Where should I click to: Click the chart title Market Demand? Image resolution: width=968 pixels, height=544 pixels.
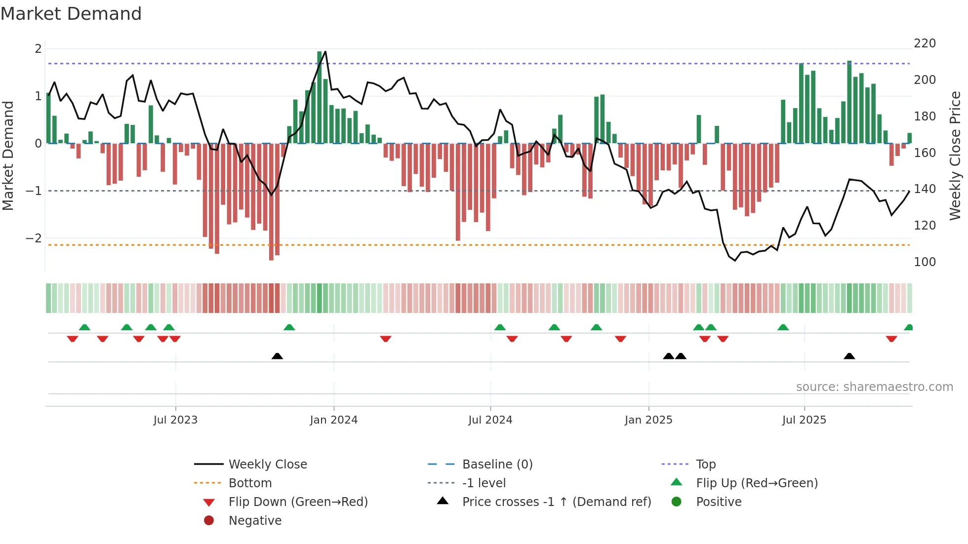pos(71,14)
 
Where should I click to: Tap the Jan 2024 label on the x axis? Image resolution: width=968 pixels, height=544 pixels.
pos(333,420)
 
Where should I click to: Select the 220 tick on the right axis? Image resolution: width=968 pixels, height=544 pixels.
pos(925,43)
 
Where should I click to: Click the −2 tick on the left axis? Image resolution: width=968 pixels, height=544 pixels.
pos(34,238)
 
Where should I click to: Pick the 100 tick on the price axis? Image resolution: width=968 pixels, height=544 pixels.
pos(925,262)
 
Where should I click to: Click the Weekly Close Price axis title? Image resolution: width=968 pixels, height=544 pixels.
pos(955,155)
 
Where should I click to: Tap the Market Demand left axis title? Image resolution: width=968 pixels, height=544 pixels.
pos(8,155)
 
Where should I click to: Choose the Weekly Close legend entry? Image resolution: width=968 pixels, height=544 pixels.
pos(267,465)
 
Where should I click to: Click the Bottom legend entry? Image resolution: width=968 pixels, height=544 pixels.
pos(250,483)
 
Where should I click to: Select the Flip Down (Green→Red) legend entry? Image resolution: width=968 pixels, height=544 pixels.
pos(298,502)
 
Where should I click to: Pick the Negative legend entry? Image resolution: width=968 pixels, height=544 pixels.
pos(255,521)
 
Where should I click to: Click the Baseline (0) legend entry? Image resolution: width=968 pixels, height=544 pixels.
pos(497,465)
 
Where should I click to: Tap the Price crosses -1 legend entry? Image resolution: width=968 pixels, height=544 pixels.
pos(556,502)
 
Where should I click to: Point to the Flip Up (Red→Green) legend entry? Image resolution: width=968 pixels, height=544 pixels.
pos(757,483)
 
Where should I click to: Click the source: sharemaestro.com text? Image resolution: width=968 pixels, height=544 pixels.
pos(874,387)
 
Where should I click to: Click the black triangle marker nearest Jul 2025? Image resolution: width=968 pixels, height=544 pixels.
pos(849,356)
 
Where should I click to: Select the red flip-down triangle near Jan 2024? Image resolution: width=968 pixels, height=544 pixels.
pos(386,339)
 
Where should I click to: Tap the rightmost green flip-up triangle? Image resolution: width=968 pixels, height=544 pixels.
pos(908,327)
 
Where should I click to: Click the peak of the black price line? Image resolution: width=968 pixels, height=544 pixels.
pos(325,51)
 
